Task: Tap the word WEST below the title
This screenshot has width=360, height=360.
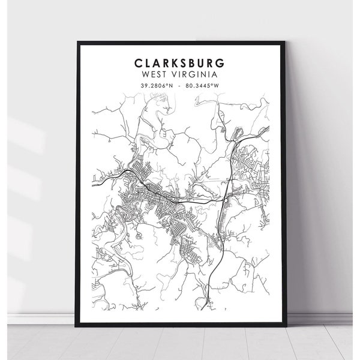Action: click(153, 75)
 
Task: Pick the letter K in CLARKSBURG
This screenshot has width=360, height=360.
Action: click(169, 64)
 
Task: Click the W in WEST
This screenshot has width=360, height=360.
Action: click(144, 75)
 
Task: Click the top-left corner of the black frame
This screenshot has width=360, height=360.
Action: click(78, 41)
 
